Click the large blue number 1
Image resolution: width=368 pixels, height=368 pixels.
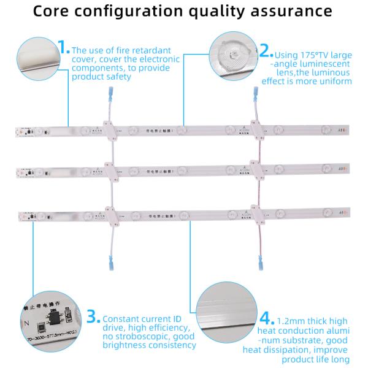coord(64,48)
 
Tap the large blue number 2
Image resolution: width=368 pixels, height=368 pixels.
coord(265,48)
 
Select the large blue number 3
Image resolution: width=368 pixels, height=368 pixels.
coord(93,316)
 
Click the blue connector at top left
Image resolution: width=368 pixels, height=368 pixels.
coord(111,94)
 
